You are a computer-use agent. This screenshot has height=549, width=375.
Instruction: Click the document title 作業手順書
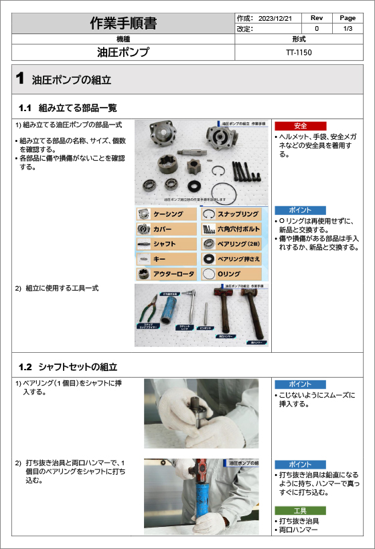123,23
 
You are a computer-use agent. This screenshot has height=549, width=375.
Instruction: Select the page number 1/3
348,29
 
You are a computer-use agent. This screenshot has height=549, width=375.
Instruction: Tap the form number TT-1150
299,52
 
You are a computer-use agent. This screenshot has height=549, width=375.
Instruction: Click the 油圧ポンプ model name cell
123,52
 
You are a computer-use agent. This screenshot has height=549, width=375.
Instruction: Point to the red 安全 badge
300,126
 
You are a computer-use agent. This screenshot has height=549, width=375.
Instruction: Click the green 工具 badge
300,510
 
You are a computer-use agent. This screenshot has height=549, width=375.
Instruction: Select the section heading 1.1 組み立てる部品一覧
68,107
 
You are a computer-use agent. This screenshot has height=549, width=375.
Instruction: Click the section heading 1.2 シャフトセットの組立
68,367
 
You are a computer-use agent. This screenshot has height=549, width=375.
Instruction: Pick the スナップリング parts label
238,214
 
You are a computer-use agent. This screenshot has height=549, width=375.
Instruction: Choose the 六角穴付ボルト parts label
238,229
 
